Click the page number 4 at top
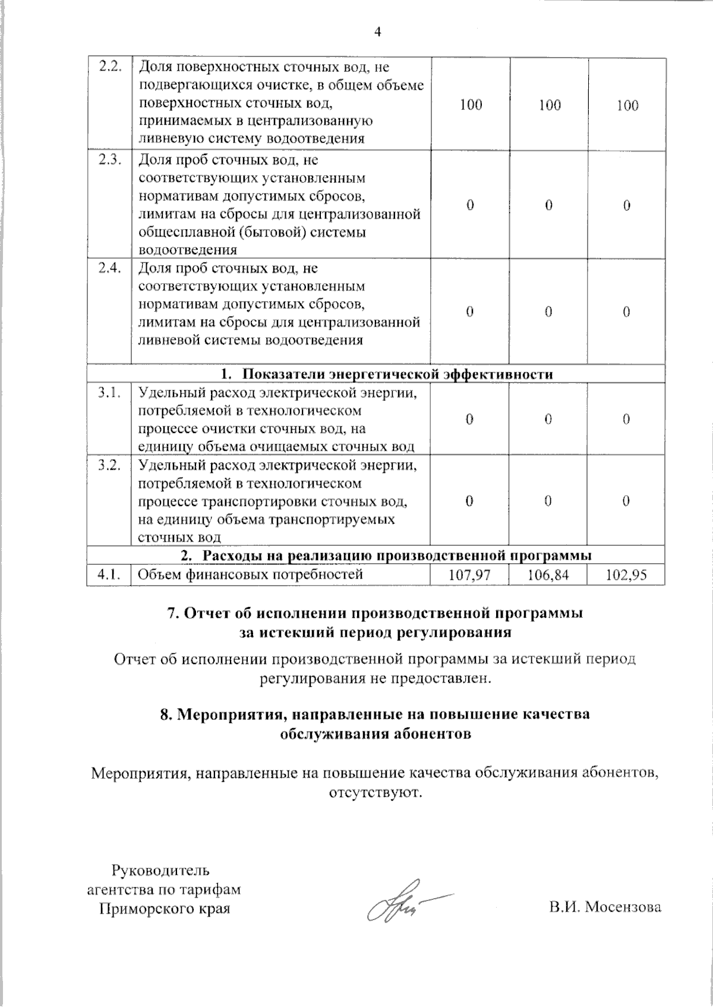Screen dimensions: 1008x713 [377, 32]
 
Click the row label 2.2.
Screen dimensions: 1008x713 [109, 67]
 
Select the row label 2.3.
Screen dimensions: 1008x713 [109, 160]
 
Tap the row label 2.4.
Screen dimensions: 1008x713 [109, 268]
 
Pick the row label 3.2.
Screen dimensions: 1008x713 [109, 464]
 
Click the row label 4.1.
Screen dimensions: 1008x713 [109, 574]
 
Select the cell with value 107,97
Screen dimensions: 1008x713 [469, 574]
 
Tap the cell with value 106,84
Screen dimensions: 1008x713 [547, 574]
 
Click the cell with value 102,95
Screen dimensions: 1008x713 [626, 574]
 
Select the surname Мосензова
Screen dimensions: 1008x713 [623, 907]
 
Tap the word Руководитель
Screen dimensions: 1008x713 [161, 871]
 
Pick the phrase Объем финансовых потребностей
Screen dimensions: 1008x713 [250, 574]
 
